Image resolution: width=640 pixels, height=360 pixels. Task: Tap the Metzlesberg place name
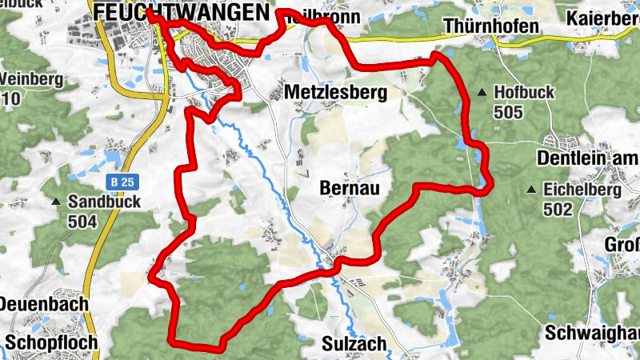[x=335, y=93]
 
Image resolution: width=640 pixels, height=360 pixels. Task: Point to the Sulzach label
[x=354, y=344]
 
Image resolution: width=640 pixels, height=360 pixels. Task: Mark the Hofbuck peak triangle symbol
[x=482, y=93]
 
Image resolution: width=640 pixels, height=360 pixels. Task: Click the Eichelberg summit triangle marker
[x=530, y=190]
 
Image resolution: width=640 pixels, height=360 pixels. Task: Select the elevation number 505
[x=508, y=111]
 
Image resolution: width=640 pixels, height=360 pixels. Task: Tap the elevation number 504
[x=82, y=221]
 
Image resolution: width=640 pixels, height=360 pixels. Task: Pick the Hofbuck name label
[x=524, y=93]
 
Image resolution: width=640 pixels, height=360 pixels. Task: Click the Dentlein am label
[x=588, y=158]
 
